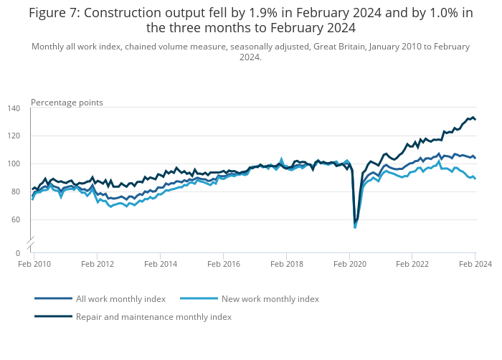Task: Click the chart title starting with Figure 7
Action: point(251,20)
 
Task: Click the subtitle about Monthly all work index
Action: point(251,52)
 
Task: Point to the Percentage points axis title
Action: point(67,103)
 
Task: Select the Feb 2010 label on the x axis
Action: point(34,265)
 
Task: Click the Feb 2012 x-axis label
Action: point(97,265)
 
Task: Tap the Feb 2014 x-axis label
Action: point(160,265)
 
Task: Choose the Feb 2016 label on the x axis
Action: point(223,265)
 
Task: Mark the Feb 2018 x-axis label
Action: point(286,265)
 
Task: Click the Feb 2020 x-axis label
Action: point(349,265)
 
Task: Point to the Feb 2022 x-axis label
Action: point(412,265)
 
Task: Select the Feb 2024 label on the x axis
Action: point(475,265)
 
